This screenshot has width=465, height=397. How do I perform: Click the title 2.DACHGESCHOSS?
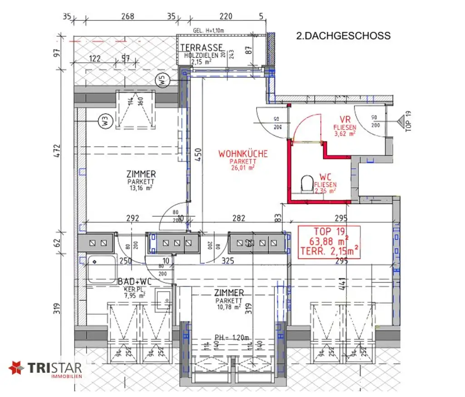[x=343, y=36]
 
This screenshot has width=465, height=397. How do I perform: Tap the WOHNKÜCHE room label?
[x=243, y=154]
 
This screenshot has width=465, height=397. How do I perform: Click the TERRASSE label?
[x=202, y=48]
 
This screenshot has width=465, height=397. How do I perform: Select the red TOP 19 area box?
[x=329, y=242]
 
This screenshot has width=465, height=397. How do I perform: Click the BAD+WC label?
[x=134, y=282]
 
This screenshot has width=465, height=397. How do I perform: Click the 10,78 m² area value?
[x=230, y=308]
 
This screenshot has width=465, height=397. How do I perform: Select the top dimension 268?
[x=128, y=16]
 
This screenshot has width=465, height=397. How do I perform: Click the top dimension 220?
[x=225, y=16]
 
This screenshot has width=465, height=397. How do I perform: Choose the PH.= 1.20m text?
[x=232, y=337]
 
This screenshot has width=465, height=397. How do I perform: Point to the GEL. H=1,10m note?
[x=208, y=30]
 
